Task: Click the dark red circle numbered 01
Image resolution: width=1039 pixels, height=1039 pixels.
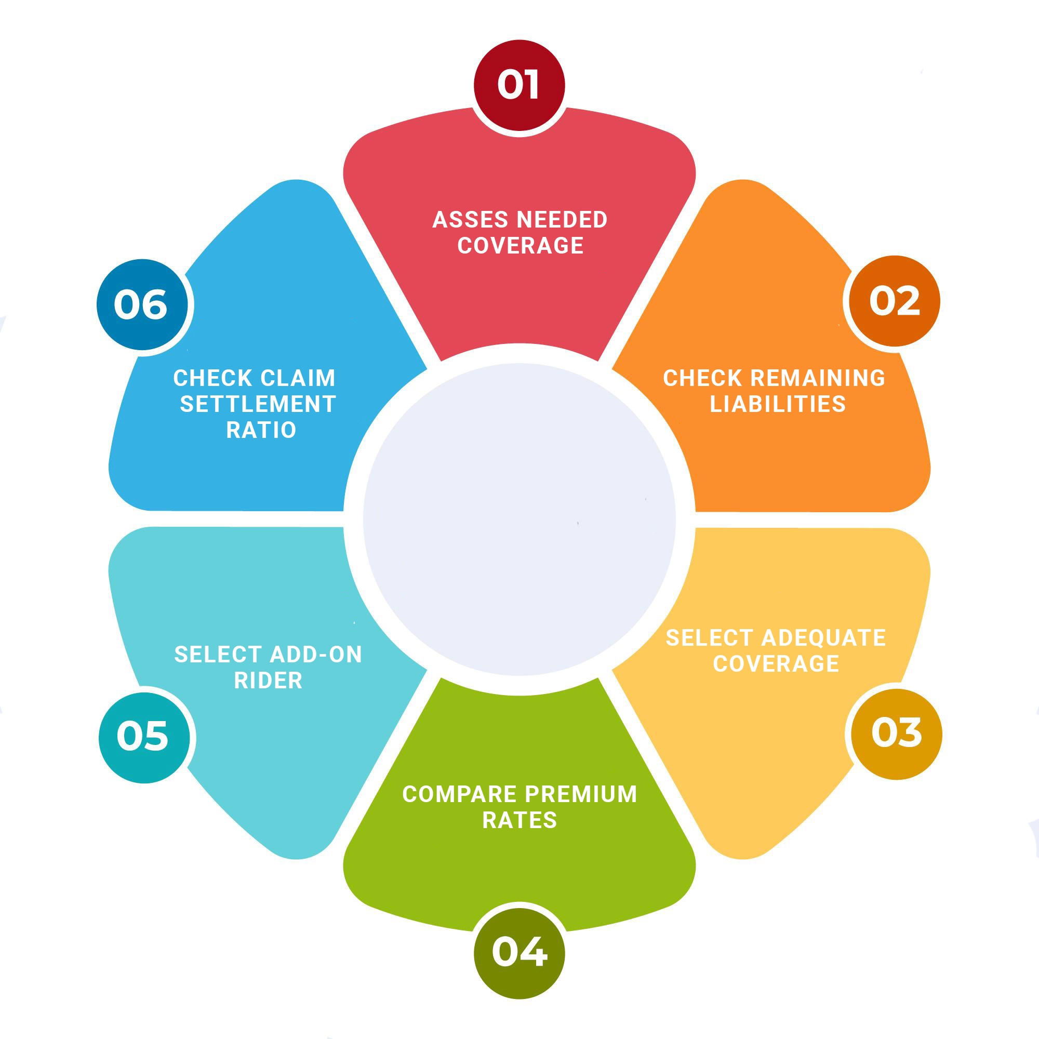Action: point(519,85)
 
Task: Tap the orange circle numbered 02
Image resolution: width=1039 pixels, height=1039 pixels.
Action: point(895,301)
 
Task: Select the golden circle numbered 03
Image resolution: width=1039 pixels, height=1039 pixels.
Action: point(897,734)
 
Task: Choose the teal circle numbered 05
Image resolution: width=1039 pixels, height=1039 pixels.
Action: point(144,737)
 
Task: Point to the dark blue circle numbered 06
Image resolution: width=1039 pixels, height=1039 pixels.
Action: point(142,304)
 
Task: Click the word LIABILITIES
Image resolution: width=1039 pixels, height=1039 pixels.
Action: point(778,404)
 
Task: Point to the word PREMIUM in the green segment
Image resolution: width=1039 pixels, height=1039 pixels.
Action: point(581,794)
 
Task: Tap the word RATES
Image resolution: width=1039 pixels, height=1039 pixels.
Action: point(519,820)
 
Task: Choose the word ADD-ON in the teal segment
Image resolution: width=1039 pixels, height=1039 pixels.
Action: point(316,655)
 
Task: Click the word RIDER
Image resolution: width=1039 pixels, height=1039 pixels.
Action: point(269,681)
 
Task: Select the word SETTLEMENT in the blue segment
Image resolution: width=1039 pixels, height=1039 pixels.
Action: point(258,404)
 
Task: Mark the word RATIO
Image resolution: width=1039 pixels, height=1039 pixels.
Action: point(261,430)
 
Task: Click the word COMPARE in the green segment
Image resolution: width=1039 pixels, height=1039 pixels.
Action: point(460,794)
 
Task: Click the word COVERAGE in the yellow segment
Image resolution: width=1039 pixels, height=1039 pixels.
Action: point(776,663)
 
